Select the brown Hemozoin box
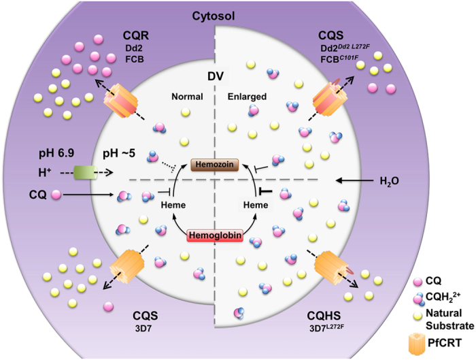click(215, 165)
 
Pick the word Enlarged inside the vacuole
click(243, 97)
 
